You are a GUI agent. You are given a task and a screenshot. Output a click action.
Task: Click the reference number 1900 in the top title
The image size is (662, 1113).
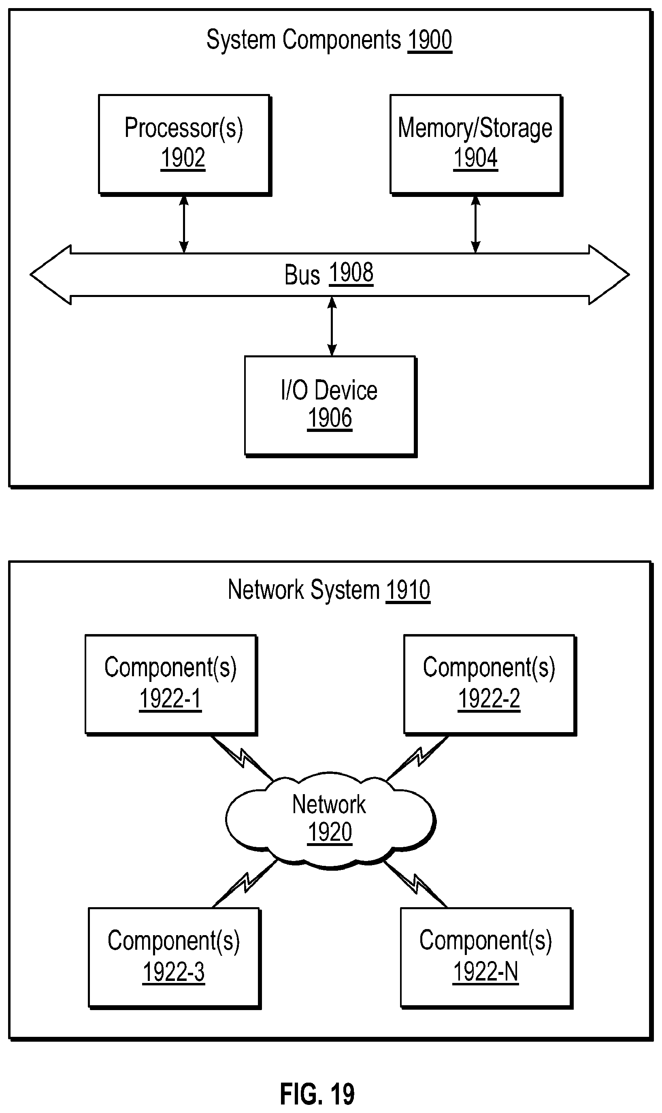click(x=430, y=41)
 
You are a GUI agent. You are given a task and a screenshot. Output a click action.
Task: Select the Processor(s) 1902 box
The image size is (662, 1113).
click(x=184, y=144)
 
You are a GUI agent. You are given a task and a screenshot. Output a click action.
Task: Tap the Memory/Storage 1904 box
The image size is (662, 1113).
click(x=475, y=144)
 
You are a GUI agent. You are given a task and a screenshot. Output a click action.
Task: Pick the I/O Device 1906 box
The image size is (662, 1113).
click(x=330, y=405)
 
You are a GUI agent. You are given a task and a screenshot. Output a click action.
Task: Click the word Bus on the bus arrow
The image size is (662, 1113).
click(x=302, y=274)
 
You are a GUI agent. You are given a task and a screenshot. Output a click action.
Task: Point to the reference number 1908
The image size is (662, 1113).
click(x=351, y=273)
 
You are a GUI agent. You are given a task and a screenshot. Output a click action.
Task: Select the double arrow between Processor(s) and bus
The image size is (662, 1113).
click(x=184, y=224)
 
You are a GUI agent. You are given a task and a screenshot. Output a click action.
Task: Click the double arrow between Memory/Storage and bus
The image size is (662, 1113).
click(x=475, y=224)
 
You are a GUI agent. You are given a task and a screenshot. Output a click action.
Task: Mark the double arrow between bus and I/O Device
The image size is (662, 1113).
click(x=332, y=326)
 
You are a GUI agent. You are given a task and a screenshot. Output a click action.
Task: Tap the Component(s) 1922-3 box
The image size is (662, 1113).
click(x=174, y=958)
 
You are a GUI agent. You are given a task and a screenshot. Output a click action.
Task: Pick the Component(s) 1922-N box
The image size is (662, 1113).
click(x=486, y=958)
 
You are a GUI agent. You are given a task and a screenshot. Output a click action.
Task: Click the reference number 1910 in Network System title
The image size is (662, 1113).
click(x=408, y=590)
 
